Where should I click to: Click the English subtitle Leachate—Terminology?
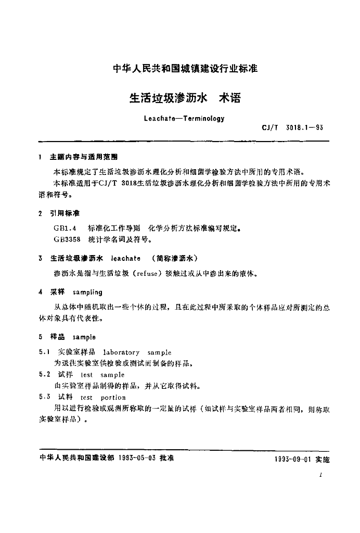[184, 118]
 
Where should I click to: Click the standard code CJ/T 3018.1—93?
[292, 128]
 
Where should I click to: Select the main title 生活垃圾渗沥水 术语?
[185, 98]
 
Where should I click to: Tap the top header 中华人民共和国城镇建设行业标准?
[185, 68]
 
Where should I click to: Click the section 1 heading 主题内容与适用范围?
[83, 157]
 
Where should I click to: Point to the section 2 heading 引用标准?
[65, 213]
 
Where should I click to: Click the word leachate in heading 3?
[126, 258]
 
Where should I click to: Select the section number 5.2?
[45, 375]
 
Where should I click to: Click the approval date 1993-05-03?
[137, 459]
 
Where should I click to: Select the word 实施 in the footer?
[323, 460]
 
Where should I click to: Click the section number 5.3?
[45, 397]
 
